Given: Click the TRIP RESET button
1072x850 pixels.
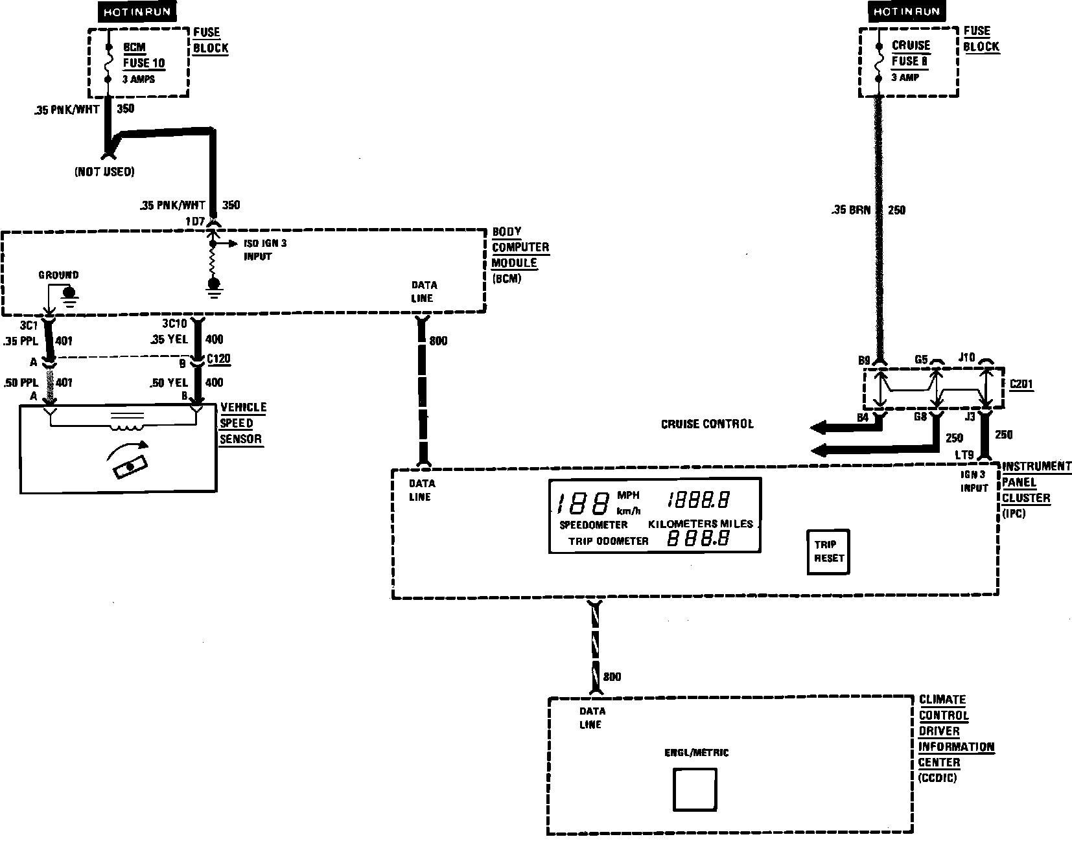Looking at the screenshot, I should click(x=828, y=551).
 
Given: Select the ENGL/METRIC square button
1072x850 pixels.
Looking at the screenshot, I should click(x=695, y=790).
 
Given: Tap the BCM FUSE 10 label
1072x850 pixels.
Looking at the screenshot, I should click(x=143, y=56).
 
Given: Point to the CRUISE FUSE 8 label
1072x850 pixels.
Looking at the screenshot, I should click(x=911, y=54).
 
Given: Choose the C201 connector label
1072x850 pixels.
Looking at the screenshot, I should click(x=1021, y=385).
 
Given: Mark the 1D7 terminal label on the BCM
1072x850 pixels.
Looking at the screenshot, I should click(x=194, y=222).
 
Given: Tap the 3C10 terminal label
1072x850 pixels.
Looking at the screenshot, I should click(x=174, y=323).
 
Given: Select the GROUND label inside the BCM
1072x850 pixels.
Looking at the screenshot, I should click(x=58, y=275).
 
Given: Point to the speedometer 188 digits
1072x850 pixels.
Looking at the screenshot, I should click(x=583, y=503).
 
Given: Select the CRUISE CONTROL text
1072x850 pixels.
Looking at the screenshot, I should click(x=707, y=424).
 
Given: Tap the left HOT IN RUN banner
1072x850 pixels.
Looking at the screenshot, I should click(x=136, y=12).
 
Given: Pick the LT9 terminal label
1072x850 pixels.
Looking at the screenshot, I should click(x=964, y=455).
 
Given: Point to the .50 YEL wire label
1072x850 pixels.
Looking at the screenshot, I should click(x=170, y=383).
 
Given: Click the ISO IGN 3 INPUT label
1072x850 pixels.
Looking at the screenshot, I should click(x=257, y=250).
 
